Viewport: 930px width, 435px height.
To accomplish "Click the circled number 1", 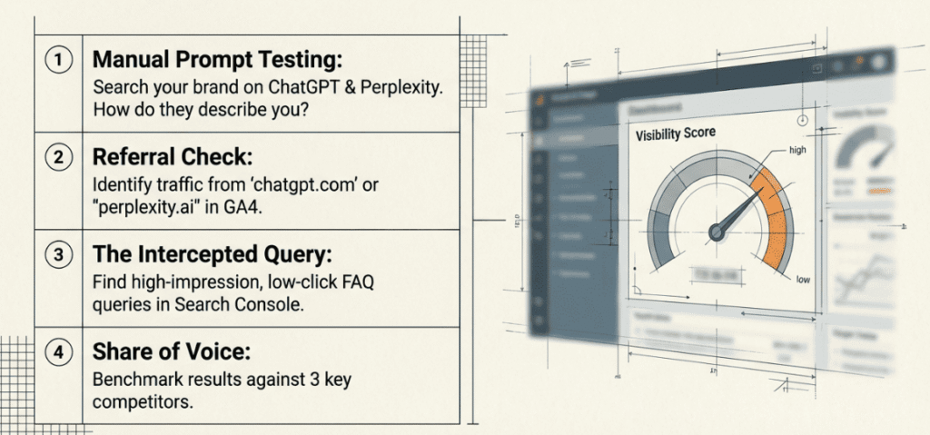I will click(x=59, y=61).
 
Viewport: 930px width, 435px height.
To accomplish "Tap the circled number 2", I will click(x=59, y=156).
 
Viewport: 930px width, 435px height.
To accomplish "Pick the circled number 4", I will click(x=59, y=351).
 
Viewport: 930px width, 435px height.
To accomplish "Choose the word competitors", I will click(x=143, y=401).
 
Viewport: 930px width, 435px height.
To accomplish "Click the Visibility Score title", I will click(x=675, y=133).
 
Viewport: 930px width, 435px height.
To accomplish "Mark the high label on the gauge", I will click(x=797, y=150).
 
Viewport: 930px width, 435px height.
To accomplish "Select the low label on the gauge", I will click(x=803, y=280).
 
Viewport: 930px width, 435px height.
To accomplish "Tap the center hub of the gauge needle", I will click(x=717, y=232).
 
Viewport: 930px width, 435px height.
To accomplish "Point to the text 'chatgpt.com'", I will click(x=307, y=184).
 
